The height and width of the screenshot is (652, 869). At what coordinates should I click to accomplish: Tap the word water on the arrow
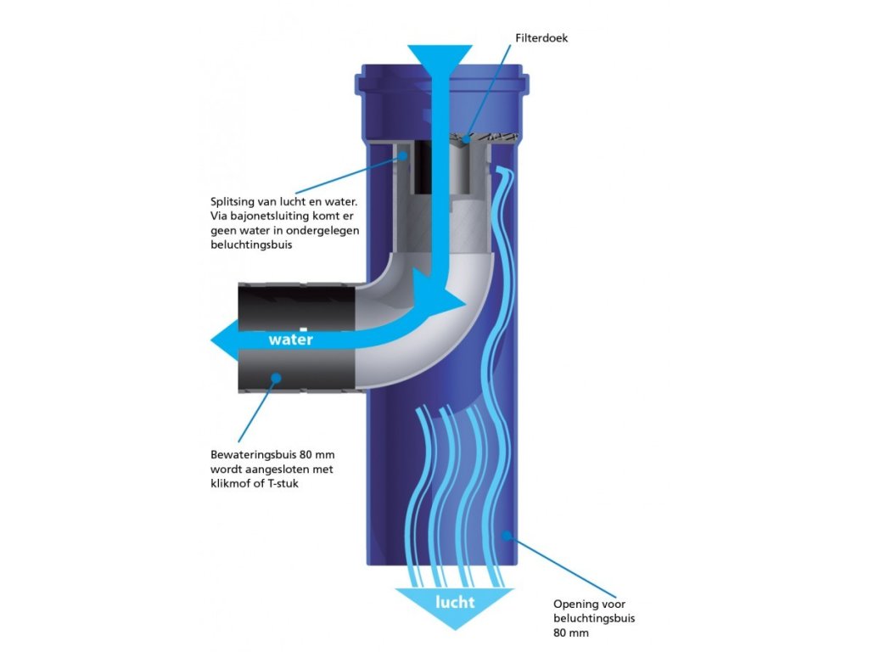coord(290,340)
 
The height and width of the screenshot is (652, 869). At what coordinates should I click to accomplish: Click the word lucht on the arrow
coord(455,603)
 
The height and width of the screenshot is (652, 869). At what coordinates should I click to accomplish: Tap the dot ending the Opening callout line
coord(507,535)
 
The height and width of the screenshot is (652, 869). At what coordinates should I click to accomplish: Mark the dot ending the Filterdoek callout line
coord(464,138)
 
